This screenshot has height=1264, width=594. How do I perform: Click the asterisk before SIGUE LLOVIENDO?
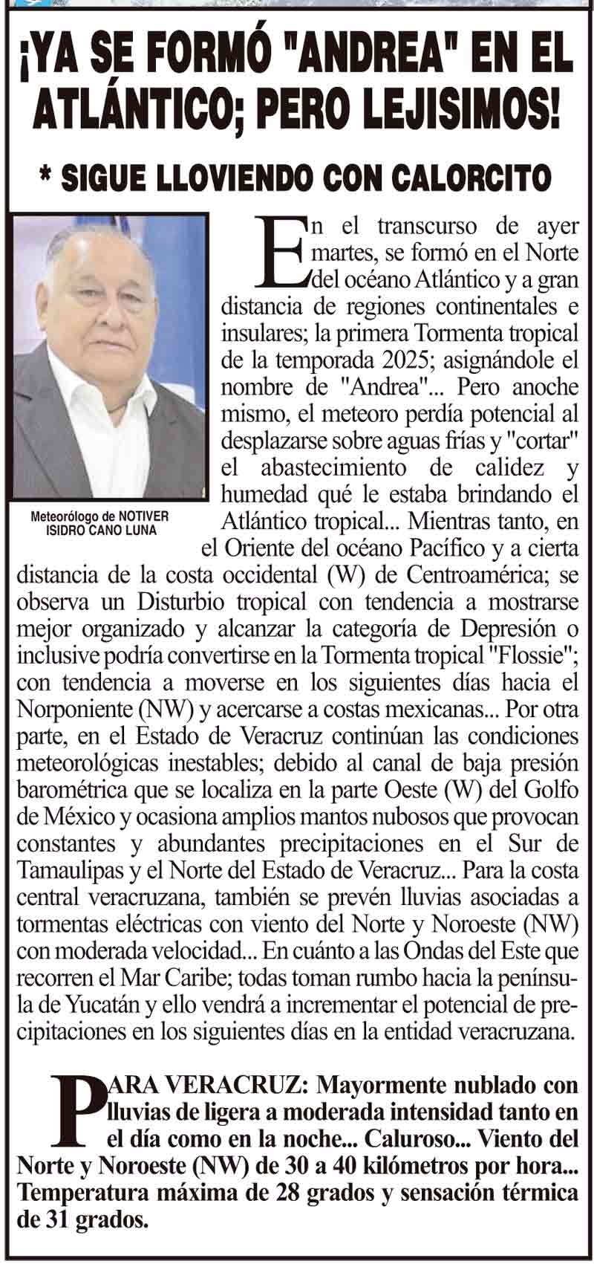pos(49,177)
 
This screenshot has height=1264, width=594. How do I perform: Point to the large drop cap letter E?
pos(279,252)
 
